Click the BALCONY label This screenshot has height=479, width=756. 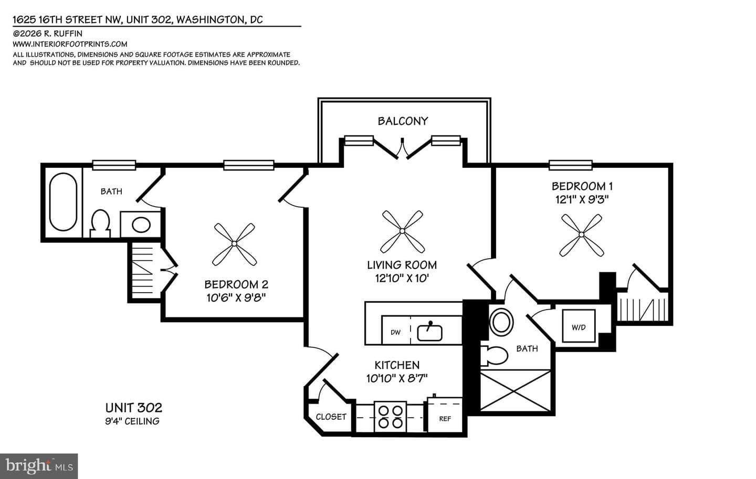403,121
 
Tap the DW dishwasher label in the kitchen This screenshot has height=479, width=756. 395,333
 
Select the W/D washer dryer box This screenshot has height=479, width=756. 579,326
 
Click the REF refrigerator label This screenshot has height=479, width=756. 445,419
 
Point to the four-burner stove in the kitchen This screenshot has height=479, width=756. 390,417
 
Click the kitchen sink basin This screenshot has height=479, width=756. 429,333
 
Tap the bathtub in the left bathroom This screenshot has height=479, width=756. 63,201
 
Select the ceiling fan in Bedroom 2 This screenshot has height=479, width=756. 234,244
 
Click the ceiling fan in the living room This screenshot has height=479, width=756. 402,231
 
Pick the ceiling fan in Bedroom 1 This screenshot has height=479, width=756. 581,235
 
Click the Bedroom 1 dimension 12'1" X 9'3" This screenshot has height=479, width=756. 582,200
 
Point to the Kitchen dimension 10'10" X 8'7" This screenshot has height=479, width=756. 397,378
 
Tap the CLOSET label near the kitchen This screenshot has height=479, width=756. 331,417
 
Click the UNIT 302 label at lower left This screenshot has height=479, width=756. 134,408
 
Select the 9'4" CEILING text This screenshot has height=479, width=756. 132,421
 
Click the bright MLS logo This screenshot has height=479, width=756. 39,466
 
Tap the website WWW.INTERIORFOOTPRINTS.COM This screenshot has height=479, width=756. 70,44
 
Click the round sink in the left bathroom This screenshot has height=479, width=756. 141,225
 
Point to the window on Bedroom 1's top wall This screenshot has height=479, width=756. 570,165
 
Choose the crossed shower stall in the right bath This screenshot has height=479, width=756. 516,391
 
